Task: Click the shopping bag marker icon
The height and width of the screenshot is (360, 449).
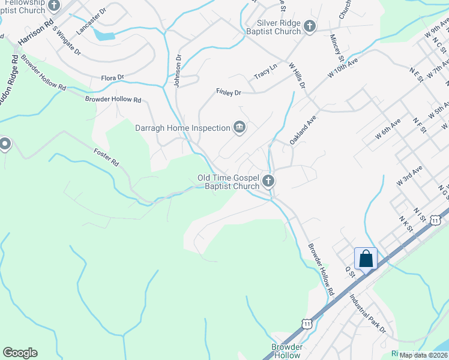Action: point(366,259)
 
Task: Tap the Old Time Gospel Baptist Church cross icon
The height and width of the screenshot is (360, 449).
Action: point(268,181)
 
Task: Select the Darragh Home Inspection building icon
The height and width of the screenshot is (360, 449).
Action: point(240,127)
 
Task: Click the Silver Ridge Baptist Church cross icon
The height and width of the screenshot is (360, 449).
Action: point(309,26)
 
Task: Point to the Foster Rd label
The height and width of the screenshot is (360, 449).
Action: point(107,158)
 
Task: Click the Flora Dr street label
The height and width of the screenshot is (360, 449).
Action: point(112,77)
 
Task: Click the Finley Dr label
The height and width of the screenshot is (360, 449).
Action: point(228,92)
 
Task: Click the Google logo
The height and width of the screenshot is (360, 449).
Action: point(20,353)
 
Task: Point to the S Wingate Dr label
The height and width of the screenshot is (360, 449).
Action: point(66,40)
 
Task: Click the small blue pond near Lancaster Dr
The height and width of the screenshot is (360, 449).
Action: point(104,35)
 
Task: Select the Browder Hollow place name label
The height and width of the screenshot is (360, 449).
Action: point(287,351)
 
